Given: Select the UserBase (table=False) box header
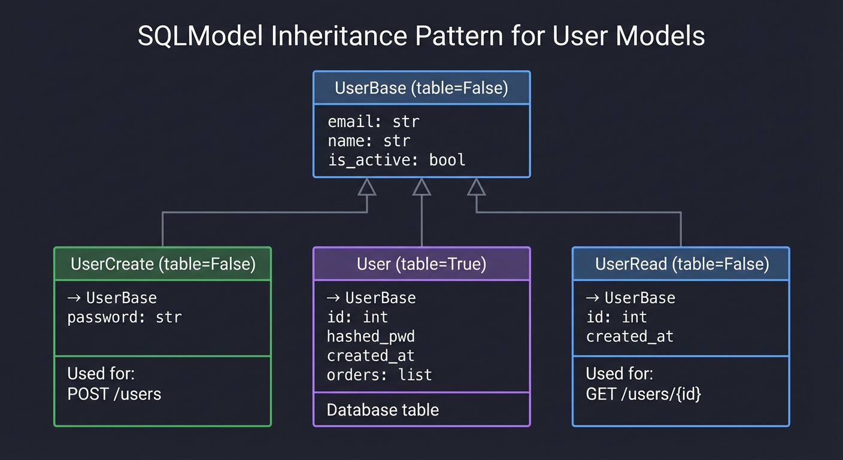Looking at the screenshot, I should (x=421, y=89).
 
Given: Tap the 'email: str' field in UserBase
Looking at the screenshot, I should (x=373, y=122).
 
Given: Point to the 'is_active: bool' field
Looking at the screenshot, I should (x=396, y=160).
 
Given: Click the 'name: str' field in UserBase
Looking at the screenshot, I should (x=368, y=141).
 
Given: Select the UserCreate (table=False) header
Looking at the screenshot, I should (x=163, y=264).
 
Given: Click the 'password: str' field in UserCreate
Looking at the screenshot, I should (x=124, y=317).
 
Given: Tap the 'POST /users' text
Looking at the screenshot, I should (x=114, y=394).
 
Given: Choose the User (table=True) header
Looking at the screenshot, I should (x=421, y=264).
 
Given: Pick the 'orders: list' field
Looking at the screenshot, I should (x=379, y=375).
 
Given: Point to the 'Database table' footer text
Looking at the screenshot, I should (x=383, y=410).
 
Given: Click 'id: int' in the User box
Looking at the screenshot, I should (x=357, y=317).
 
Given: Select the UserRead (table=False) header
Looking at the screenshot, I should (x=681, y=264).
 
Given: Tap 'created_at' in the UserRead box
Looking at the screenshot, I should (x=629, y=336).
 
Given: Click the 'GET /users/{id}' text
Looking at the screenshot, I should (x=643, y=394).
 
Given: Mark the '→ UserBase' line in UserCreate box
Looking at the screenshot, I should (x=112, y=298).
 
